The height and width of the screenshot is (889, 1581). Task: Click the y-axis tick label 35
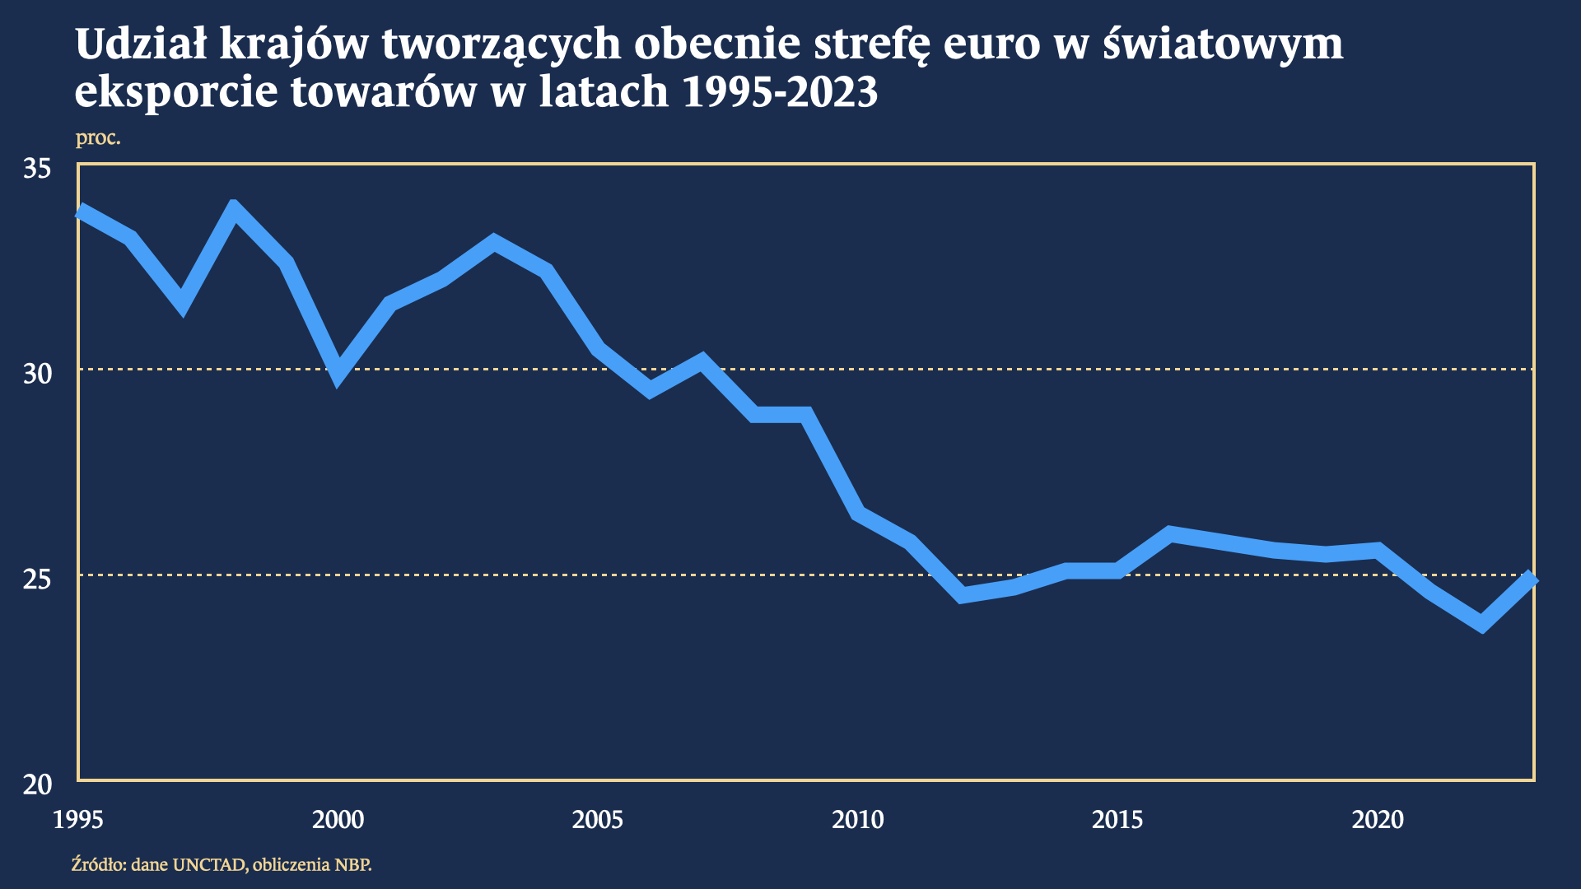click(36, 169)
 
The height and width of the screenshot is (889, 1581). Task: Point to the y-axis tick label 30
click(36, 374)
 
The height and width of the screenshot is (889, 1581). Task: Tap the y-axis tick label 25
click(36, 579)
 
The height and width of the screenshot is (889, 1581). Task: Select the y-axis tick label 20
click(36, 784)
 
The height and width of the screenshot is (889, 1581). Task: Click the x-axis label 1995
click(78, 820)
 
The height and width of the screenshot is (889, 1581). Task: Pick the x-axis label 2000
click(338, 820)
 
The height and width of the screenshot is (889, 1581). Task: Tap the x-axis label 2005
click(598, 820)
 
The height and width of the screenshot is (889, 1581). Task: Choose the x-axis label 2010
click(857, 820)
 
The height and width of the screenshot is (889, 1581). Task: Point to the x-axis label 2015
click(1117, 820)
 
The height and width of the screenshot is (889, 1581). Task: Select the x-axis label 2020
click(1378, 820)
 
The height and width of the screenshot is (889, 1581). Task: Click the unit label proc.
click(98, 137)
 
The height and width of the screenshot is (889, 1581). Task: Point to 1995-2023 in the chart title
click(781, 91)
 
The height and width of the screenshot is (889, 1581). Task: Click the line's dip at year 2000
click(338, 375)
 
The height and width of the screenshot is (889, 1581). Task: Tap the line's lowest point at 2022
click(1482, 623)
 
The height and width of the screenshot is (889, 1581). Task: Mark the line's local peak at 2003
click(493, 244)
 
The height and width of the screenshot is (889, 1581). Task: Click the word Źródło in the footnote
click(98, 864)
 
